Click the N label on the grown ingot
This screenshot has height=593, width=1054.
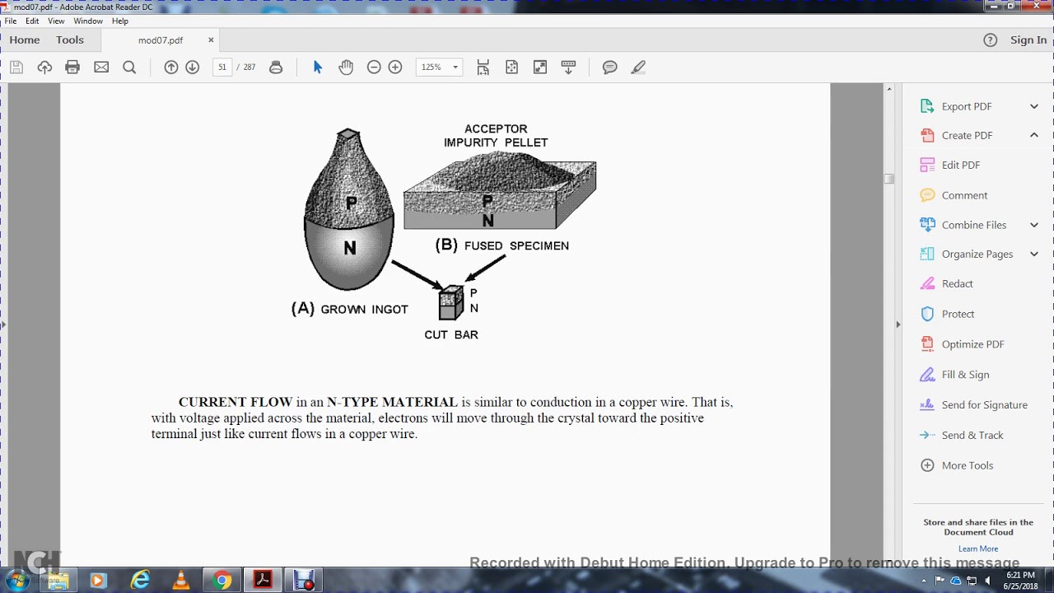[350, 248]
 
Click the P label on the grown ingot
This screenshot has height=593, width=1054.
[352, 203]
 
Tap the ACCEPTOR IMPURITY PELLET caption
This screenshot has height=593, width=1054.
[496, 136]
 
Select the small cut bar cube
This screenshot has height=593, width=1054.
[450, 303]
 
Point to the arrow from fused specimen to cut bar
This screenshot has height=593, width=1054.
[486, 268]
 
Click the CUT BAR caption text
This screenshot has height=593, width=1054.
[451, 334]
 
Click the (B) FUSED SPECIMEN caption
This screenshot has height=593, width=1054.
[501, 245]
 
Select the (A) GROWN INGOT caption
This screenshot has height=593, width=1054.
[349, 309]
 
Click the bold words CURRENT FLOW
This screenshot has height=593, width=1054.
[236, 402]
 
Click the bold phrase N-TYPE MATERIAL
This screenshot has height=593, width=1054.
[392, 402]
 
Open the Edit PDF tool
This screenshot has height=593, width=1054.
[960, 165]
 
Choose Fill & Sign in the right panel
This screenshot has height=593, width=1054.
[965, 375]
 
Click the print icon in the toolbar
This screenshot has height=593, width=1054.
[72, 68]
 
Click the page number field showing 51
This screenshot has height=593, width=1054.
[222, 68]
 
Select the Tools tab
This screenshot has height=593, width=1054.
[70, 40]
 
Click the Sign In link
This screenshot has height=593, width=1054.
[1028, 40]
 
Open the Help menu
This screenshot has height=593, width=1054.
[120, 21]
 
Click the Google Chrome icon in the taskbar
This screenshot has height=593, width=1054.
[222, 581]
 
